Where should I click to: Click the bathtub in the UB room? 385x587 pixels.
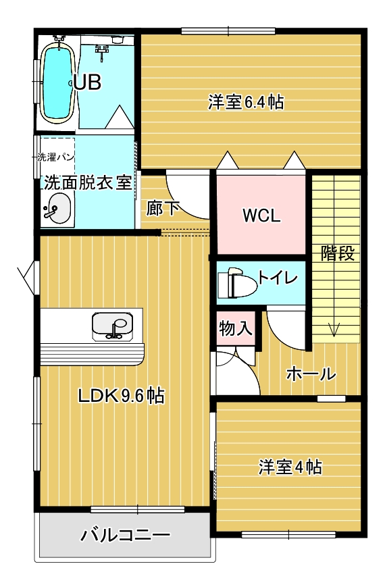57,82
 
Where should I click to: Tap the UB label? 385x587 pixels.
87,82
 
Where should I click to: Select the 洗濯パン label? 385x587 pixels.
55,157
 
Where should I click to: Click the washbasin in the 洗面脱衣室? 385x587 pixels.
57,209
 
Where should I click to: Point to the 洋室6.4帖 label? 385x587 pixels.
246,102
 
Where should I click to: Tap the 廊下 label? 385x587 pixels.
163,208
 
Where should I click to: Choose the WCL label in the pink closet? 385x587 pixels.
261,215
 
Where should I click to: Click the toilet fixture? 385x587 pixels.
236,283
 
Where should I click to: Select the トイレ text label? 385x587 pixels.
278,278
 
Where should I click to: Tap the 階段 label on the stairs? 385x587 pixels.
338,254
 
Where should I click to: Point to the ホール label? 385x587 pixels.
311,374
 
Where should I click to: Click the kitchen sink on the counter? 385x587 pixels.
112,326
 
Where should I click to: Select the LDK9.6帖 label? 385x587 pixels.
121,395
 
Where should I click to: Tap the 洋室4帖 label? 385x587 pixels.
290,467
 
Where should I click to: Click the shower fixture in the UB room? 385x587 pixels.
102,51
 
